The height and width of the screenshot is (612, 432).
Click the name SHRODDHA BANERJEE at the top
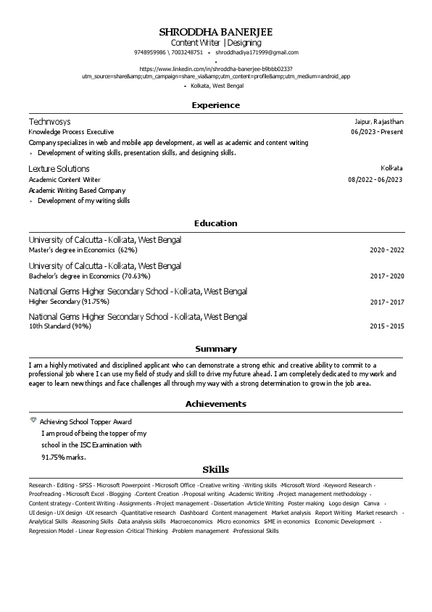pos(216,32)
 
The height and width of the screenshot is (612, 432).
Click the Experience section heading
pos(216,105)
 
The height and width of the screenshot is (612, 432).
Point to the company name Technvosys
pos(49,122)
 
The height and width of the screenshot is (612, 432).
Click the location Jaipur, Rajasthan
pos(379,122)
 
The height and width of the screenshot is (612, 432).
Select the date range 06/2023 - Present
pos(377,132)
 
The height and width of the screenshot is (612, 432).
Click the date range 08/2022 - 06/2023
pos(375,179)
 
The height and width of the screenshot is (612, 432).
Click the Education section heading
pos(216,223)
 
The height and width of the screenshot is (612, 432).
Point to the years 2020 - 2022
pos(387,250)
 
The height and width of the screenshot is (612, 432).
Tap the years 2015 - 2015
pos(387,326)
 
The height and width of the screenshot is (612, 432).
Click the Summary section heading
pos(216,349)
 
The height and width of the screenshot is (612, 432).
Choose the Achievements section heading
pos(216,404)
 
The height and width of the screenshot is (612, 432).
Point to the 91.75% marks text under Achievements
pos(64,458)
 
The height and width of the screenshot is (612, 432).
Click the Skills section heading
pos(216,470)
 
